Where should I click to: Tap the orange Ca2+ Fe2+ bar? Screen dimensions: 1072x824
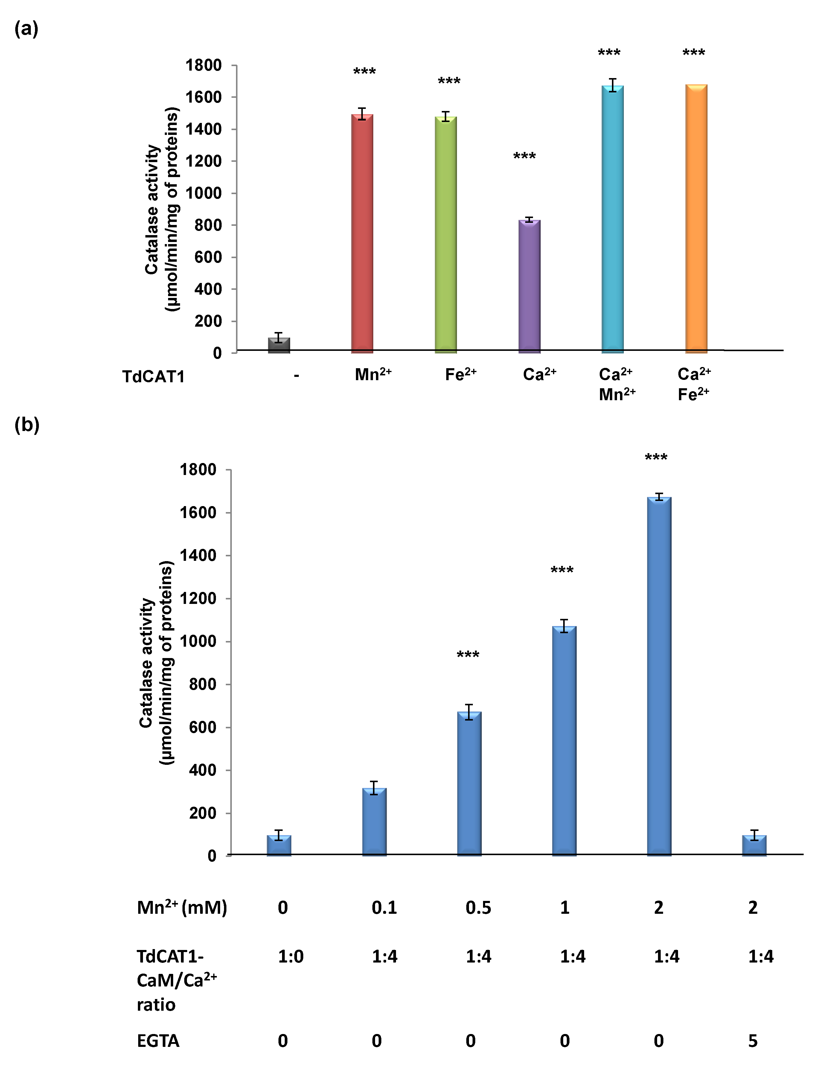(696, 218)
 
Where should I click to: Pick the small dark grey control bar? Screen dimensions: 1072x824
(278, 345)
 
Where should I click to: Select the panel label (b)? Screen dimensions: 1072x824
(27, 425)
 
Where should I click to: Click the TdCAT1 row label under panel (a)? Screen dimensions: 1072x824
(153, 377)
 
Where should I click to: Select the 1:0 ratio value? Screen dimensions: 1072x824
(290, 956)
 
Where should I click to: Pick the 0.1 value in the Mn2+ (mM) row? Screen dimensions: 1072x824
(384, 908)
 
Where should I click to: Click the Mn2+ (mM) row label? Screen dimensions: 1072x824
(182, 908)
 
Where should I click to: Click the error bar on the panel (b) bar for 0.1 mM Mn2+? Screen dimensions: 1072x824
(374, 788)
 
